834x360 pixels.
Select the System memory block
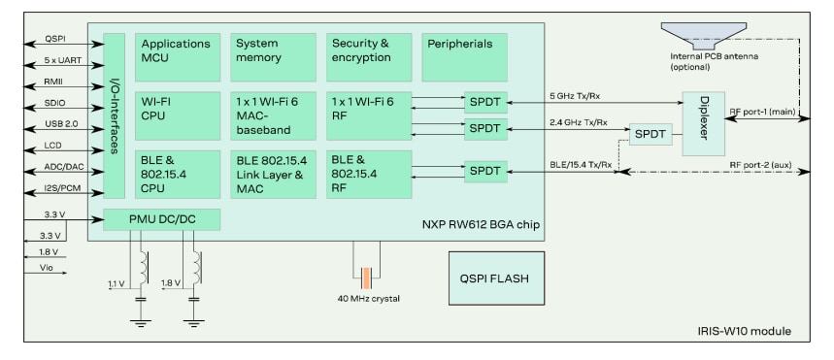[x=273, y=57]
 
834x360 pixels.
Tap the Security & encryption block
[x=368, y=57]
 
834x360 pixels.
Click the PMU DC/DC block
[x=161, y=219]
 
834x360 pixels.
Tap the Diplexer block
[x=704, y=123]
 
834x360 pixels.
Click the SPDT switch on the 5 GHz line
[x=484, y=102]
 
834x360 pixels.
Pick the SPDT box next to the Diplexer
[x=651, y=135]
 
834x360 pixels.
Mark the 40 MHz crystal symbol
[x=365, y=278]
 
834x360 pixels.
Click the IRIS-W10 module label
[x=748, y=332]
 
